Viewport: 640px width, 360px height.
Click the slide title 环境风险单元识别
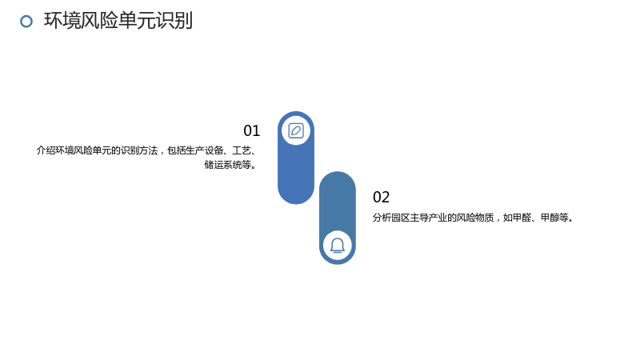click(118, 21)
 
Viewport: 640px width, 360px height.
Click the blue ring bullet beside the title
click(26, 22)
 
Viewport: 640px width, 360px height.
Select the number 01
click(251, 130)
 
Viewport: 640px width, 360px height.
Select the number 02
click(382, 197)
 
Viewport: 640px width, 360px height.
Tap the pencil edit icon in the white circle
click(296, 130)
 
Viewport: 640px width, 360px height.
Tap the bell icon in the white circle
click(338, 246)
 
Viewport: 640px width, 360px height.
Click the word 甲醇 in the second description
click(550, 218)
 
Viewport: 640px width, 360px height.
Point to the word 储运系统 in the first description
click(223, 165)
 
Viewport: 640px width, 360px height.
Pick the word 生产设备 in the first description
click(205, 150)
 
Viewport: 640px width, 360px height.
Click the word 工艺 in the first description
click(242, 150)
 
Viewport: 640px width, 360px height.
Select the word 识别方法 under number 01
click(139, 150)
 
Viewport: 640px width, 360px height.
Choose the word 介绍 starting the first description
click(46, 150)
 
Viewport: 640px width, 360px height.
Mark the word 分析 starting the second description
click(382, 218)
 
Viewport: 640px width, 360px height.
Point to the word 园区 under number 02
click(401, 218)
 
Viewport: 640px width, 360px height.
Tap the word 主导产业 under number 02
click(429, 218)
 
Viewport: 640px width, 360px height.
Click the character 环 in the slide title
click(53, 21)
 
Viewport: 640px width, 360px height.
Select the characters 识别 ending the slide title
click(174, 21)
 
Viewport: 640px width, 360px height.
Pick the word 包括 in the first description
click(176, 150)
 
